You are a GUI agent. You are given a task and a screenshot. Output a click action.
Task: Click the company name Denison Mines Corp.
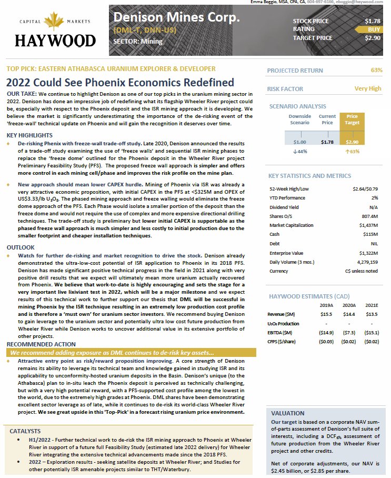tap(176, 17)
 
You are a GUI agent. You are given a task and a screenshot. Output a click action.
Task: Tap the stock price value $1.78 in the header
tap(372, 21)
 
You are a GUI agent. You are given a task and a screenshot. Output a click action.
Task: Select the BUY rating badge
tap(374, 29)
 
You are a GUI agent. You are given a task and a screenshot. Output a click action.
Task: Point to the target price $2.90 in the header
tap(372, 38)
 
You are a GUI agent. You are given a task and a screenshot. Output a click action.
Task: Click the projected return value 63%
tap(376, 70)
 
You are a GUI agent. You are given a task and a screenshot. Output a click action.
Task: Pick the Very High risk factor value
tap(368, 88)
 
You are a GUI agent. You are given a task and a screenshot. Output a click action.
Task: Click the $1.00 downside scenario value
tap(299, 142)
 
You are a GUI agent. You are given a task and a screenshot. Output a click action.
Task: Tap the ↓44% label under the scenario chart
tap(299, 152)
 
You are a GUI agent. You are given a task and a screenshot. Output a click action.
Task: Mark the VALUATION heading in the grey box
tap(287, 413)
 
